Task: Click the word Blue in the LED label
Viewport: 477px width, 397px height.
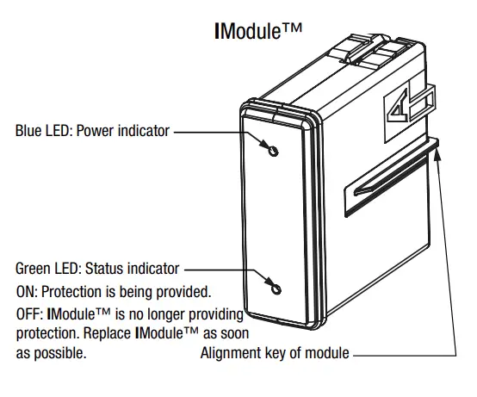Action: [x=28, y=132]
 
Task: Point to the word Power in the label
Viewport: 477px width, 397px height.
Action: [x=96, y=132]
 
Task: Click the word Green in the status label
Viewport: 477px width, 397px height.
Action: [x=34, y=268]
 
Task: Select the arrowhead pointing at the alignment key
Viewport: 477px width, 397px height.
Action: [x=440, y=153]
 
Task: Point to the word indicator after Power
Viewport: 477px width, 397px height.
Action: [x=143, y=132]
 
